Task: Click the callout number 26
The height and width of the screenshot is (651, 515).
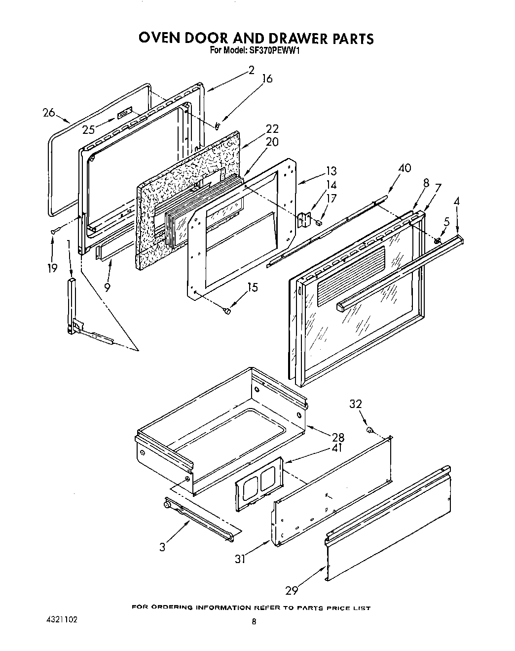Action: click(48, 113)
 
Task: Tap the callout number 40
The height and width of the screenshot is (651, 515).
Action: click(405, 168)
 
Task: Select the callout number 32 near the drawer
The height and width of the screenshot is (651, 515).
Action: click(356, 404)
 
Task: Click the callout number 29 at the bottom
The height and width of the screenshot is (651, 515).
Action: click(292, 590)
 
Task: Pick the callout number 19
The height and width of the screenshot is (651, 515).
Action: click(52, 268)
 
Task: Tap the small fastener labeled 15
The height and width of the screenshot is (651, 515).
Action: click(227, 311)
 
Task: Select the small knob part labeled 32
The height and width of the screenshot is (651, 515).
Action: click(369, 431)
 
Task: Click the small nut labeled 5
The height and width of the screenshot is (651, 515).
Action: click(437, 240)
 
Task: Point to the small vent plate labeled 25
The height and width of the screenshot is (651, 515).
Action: click(125, 114)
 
